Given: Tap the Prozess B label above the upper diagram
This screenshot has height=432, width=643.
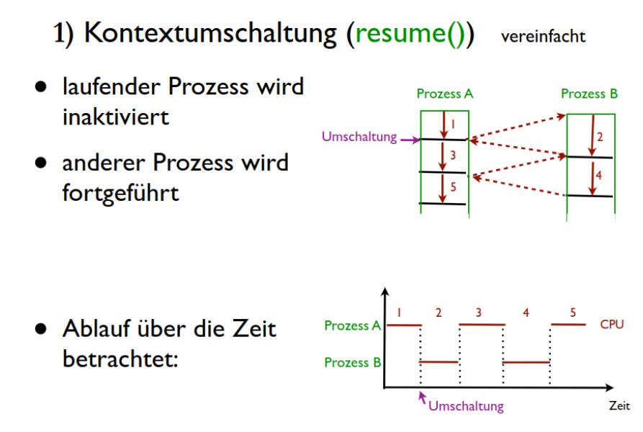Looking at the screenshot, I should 590,94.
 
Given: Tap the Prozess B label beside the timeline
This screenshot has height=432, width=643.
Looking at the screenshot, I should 351,362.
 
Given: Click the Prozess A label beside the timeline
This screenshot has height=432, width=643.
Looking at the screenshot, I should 351,325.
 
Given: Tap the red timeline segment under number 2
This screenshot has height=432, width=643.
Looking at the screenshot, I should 439,362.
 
